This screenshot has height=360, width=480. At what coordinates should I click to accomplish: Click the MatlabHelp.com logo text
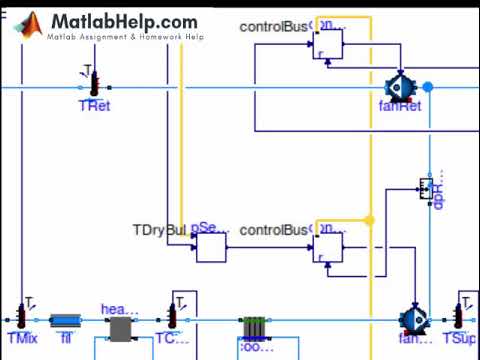point(124,20)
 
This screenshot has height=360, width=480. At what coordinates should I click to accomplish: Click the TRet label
point(94,105)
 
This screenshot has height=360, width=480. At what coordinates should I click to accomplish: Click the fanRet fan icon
point(401,88)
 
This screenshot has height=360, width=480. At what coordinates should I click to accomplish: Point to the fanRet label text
point(400,106)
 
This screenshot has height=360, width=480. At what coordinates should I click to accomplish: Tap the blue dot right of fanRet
point(428,88)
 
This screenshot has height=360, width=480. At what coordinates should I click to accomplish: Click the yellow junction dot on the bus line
point(369,220)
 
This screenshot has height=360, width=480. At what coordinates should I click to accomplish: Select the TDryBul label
point(160,230)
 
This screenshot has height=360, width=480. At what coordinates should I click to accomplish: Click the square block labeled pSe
point(211,246)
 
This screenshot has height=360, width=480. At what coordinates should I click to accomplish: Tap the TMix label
point(21,339)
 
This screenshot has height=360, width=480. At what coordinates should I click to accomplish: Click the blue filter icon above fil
point(66,320)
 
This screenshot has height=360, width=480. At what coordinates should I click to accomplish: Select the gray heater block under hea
point(121,329)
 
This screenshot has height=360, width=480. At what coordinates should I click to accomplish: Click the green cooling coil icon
point(254,328)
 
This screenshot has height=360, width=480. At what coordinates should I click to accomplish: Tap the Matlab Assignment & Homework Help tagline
point(125,37)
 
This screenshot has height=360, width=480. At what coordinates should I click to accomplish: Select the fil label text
point(66,339)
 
